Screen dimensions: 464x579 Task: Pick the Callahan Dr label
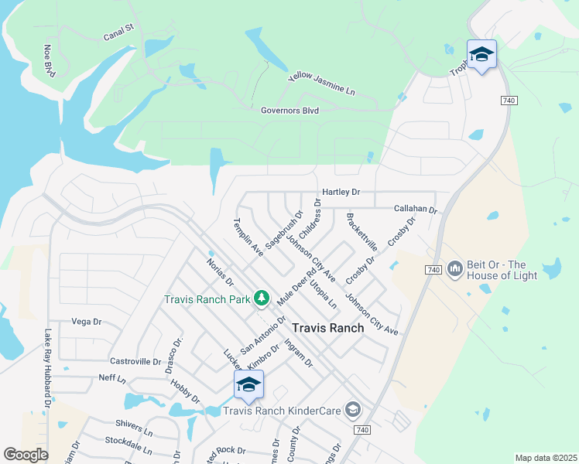[x=416, y=209]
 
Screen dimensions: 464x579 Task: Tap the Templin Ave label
[x=248, y=237]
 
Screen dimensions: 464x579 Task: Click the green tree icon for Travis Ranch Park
[x=262, y=298]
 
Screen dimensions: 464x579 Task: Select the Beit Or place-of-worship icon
[x=454, y=268]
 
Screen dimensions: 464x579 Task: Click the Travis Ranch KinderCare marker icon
[x=353, y=409]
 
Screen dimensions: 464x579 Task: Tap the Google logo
[x=26, y=455]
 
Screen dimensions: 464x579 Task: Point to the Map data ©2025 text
[x=546, y=458]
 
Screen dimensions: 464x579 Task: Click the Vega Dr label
[x=87, y=322]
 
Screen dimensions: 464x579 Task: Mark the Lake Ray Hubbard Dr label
[x=47, y=368]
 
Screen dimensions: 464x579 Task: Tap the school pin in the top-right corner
[x=481, y=54]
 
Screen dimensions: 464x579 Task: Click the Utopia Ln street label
[x=323, y=295]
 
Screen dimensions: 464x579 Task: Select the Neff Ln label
[x=112, y=378]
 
